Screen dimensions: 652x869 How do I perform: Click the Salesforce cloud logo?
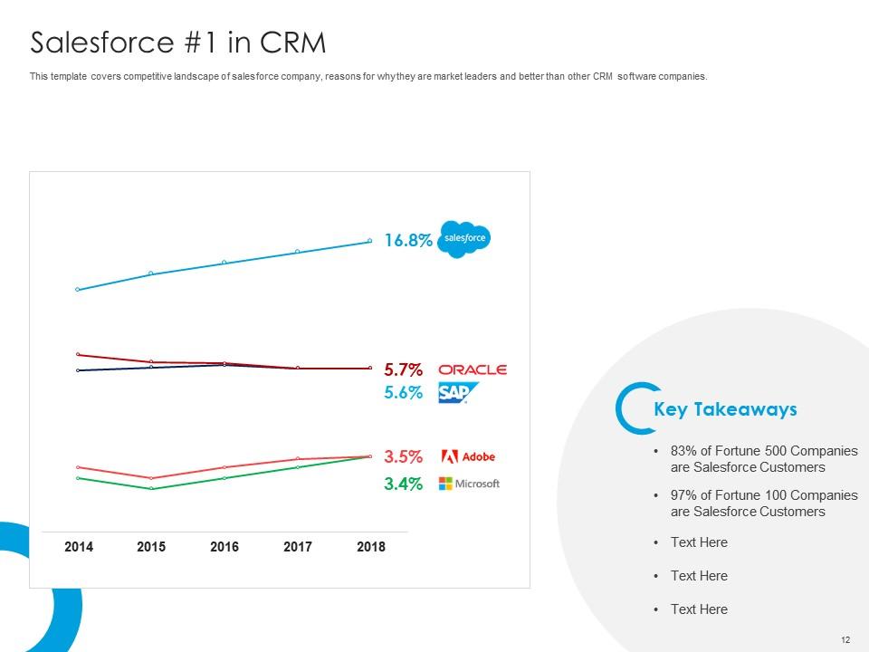coord(463,239)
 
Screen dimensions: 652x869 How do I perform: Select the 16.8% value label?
coord(407,241)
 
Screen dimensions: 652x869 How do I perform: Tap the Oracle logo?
coord(472,369)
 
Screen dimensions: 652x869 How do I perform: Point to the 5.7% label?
coord(403,369)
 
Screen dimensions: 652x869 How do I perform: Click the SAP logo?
coord(457,393)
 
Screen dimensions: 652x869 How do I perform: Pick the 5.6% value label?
coord(403,393)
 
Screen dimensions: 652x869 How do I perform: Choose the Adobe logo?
coord(467,456)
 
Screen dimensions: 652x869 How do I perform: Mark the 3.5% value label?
coord(403,456)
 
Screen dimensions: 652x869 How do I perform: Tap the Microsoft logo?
coord(469,484)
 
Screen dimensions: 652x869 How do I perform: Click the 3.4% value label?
coord(403,484)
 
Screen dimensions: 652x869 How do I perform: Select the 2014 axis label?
coord(78,547)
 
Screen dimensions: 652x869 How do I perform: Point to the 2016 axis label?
coord(224,547)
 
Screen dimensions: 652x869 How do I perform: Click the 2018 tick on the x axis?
coord(371,547)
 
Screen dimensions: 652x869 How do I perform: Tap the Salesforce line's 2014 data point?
coord(78,290)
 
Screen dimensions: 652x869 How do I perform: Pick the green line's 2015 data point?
coord(151,489)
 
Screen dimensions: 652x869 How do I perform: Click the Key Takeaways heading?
coord(725,409)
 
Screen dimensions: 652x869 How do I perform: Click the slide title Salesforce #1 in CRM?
coord(177,43)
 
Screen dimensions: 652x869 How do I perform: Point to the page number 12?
coord(845,640)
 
